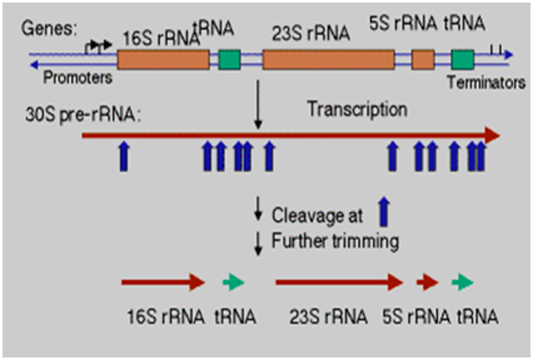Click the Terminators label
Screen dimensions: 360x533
[487, 82]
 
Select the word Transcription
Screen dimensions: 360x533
[358, 108]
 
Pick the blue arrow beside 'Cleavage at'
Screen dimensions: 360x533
[384, 214]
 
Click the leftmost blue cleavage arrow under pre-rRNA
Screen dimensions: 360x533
[122, 155]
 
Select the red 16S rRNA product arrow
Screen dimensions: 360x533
[163, 282]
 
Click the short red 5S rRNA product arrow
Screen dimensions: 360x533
[427, 282]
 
